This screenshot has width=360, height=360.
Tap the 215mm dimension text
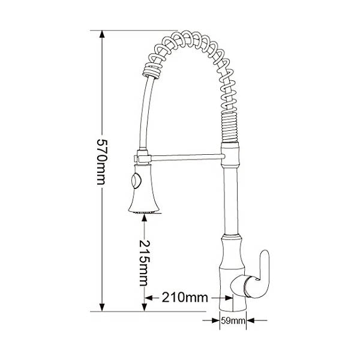tap(145, 262)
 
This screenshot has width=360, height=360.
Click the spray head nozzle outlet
tap(143, 211)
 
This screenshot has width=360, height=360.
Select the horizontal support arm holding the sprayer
tap(186, 158)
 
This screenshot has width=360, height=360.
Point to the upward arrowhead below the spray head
tap(144, 220)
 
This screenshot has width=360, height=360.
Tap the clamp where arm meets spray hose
tap(140, 158)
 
